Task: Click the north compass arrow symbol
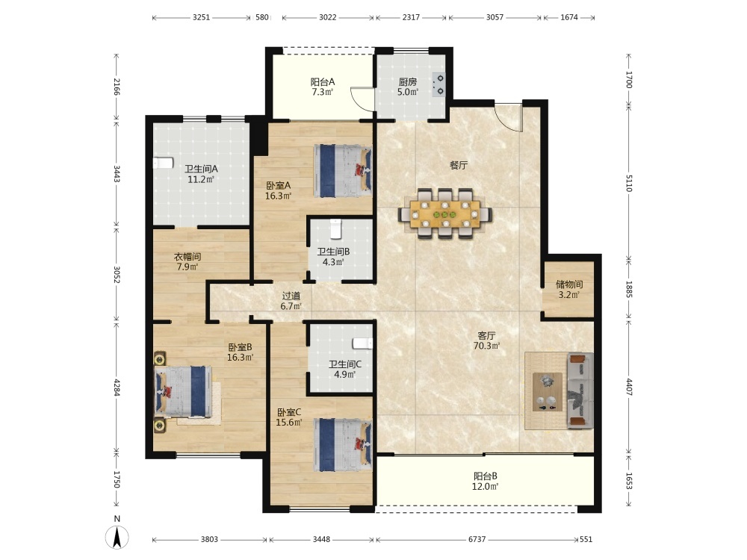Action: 118,538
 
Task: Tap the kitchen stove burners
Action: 438,85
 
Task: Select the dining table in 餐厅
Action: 445,212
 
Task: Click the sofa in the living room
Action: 580,391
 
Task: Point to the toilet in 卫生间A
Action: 162,164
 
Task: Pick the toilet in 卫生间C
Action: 362,343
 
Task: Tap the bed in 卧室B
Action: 184,392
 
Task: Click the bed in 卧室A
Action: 343,171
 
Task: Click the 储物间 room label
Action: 569,284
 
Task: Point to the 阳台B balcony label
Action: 486,476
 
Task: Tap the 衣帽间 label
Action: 187,257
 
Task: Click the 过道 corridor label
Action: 291,296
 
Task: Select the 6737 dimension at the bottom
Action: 477,539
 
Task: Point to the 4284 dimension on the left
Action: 117,387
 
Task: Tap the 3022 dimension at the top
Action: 328,18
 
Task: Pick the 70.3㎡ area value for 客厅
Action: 486,346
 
